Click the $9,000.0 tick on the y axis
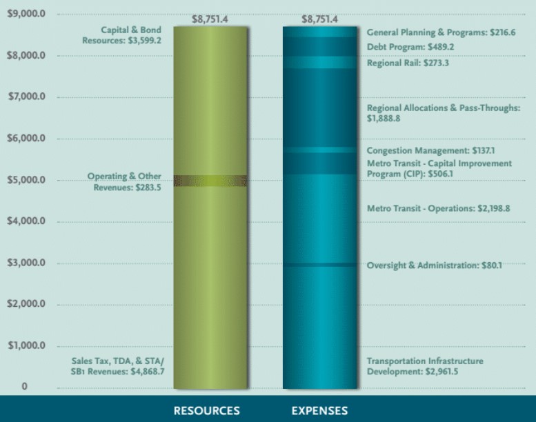pos(26,14)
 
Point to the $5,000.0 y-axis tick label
pos(26,180)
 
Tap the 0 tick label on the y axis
pos(24,387)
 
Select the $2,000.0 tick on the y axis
pos(26,304)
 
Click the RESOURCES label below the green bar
pos(207,410)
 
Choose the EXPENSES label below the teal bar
pos(319,410)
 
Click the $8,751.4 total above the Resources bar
pos(210,19)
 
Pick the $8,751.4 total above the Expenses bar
pos(319,19)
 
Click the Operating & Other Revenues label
pos(124,181)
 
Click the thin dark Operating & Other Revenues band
pos(210,181)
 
